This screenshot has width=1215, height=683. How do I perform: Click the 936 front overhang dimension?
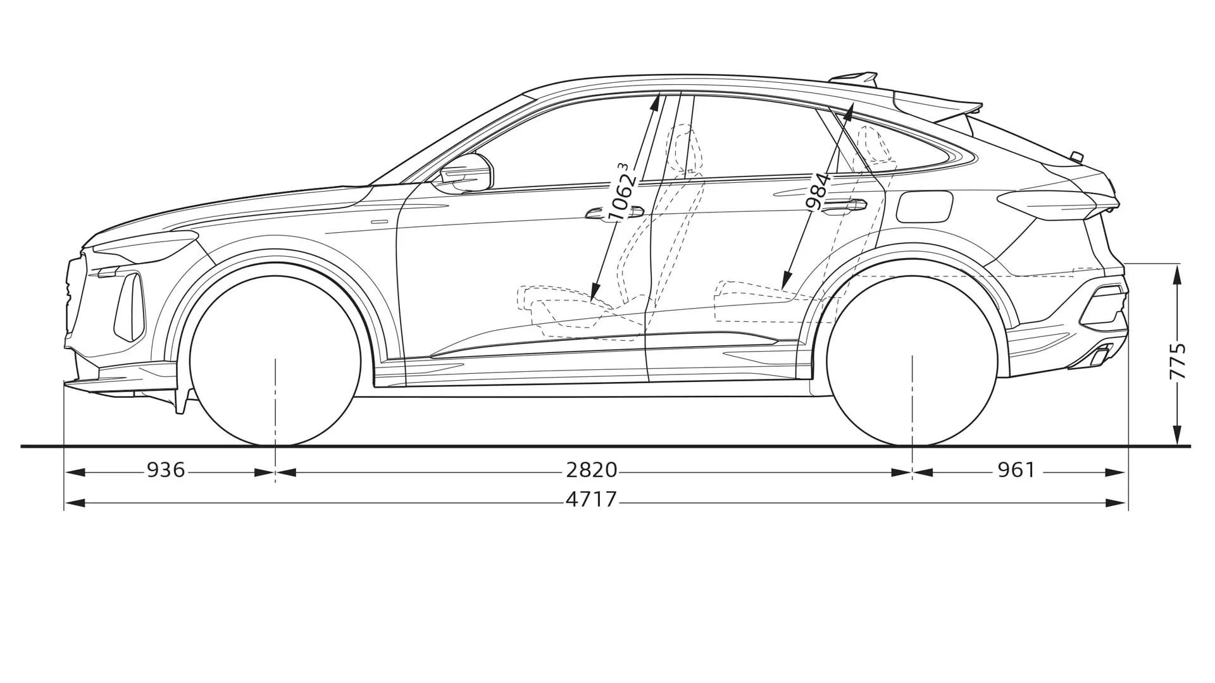click(x=166, y=470)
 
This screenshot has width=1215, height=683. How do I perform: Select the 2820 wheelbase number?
click(x=592, y=470)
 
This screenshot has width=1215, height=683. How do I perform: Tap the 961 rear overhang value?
click(x=1016, y=470)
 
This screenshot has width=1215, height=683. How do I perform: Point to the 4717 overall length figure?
click(x=591, y=500)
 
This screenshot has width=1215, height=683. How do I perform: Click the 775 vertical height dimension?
click(x=1178, y=362)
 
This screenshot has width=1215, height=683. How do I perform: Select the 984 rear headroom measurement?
click(x=818, y=192)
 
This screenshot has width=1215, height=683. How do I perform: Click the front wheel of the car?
click(x=275, y=359)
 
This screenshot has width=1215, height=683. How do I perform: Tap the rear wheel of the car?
click(x=912, y=359)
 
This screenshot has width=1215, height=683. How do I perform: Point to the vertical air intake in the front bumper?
click(x=128, y=307)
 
